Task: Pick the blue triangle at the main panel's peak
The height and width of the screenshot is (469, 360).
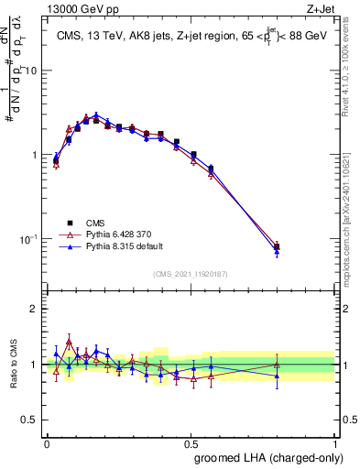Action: pos(96,115)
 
